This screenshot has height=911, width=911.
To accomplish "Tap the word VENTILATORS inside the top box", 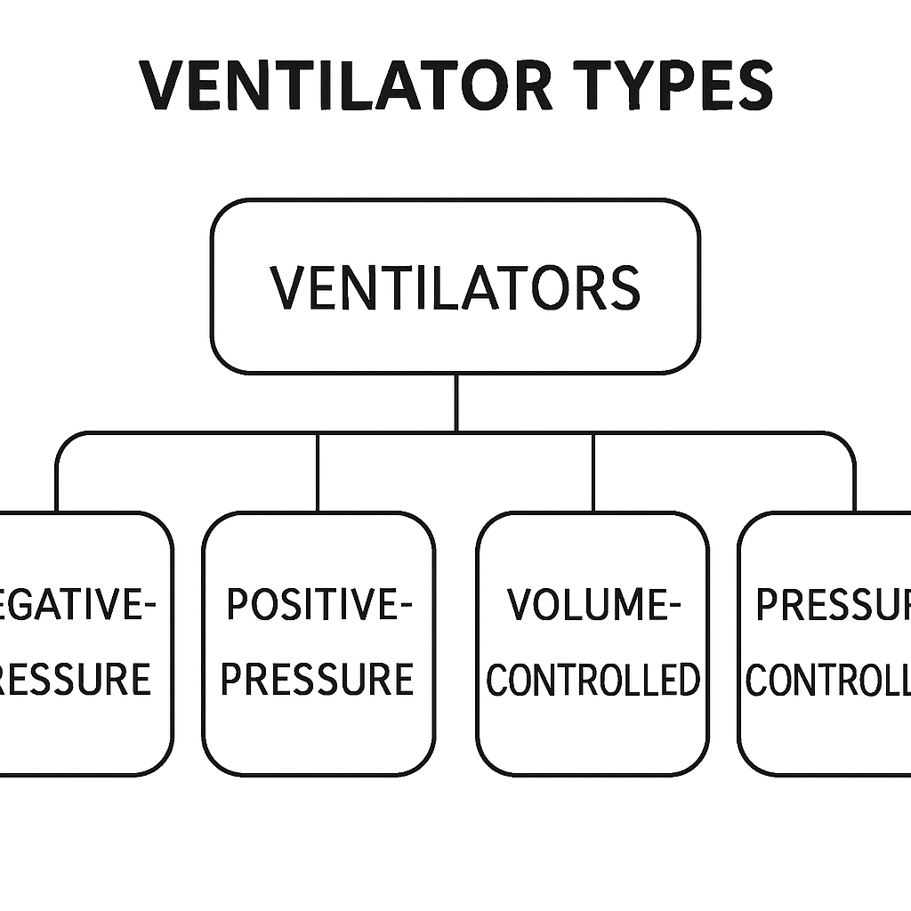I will click(455, 287).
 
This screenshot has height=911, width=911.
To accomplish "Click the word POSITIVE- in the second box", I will click(318, 605).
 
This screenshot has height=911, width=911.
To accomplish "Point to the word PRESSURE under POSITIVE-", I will click(318, 680).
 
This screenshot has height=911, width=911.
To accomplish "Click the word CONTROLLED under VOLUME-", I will click(593, 681).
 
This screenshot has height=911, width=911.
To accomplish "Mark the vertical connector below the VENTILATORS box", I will click(455, 402).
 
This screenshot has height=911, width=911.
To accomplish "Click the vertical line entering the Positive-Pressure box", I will click(318, 472).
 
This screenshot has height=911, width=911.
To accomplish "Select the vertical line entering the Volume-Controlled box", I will click(593, 472).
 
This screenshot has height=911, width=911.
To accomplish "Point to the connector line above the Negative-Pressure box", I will click(57, 480).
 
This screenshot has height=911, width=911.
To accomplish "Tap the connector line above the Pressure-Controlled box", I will click(854, 480).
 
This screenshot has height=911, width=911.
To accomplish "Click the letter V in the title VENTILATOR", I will click(163, 85).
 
